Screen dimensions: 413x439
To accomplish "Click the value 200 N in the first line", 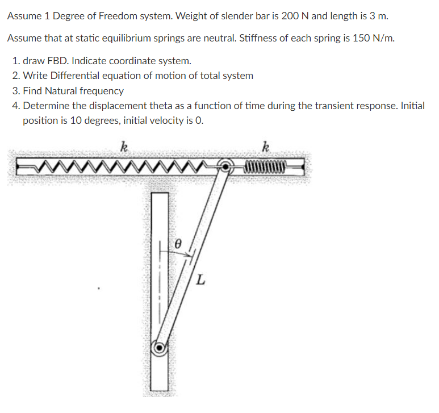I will point(295,16).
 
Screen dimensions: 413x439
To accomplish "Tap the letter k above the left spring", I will point(124,149).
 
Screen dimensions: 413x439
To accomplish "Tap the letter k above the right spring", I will point(265,149).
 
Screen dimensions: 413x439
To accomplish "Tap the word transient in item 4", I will point(332,106).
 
